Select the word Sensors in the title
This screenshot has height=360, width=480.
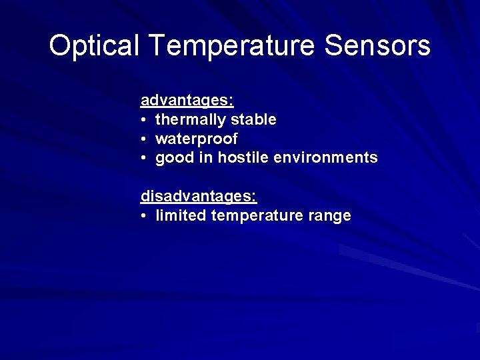tap(377, 46)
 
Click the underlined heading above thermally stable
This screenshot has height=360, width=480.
tap(187, 101)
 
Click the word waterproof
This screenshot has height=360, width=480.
tap(196, 139)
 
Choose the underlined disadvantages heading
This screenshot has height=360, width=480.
tap(198, 197)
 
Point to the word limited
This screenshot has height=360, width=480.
tap(181, 216)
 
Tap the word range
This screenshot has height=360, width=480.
tap(331, 216)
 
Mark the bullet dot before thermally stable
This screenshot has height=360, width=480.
tap(143, 121)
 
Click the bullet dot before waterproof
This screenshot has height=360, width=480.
tap(143, 139)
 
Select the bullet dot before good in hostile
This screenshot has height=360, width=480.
tap(143, 159)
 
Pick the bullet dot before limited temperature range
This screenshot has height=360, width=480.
tap(143, 217)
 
